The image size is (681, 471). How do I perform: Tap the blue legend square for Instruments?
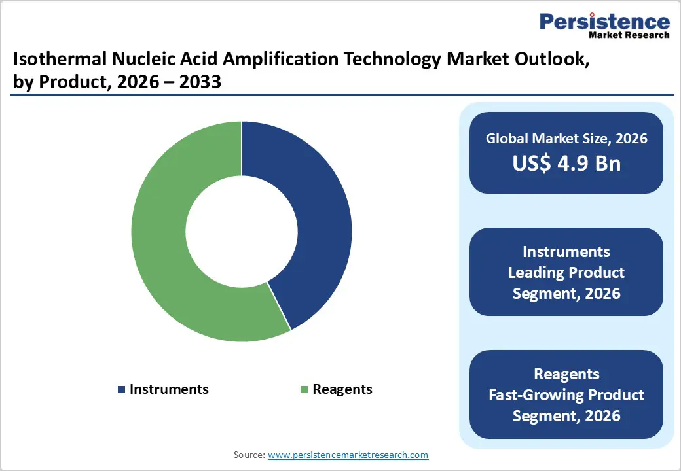121,390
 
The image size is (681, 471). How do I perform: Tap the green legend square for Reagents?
304,390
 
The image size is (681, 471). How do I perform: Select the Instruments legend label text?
169,389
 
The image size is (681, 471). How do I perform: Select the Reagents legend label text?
342,389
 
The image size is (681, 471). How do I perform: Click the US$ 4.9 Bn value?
566,164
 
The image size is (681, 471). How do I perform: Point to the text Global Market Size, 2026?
566,139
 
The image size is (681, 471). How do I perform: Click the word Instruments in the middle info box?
566,252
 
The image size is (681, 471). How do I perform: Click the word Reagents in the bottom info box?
566,374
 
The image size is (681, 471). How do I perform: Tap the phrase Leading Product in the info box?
566,273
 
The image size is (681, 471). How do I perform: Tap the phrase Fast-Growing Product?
566,395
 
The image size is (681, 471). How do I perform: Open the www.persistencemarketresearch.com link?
348,455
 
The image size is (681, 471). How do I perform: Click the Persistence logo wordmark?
604,22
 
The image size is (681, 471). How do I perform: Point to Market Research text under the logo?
629,35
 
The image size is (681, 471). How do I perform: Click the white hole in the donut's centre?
242,231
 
